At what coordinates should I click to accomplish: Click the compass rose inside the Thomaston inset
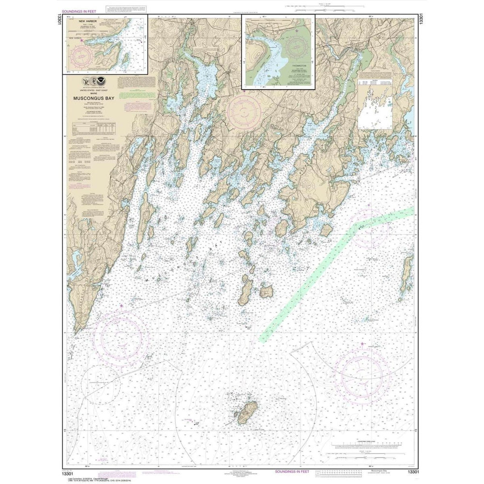(296, 46)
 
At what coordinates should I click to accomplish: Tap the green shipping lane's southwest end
(263, 339)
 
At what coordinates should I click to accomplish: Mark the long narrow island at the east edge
(405, 276)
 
